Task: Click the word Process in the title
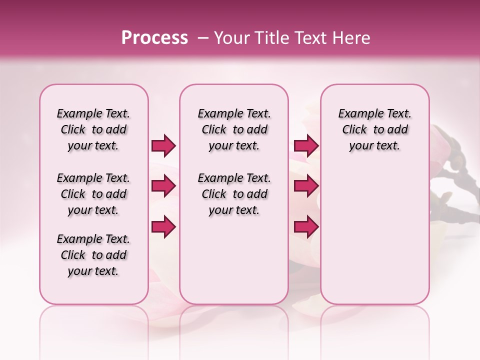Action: point(154,38)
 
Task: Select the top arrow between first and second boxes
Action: point(163,146)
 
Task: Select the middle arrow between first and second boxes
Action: point(163,186)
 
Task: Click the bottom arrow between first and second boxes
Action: point(163,226)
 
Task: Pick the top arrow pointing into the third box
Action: point(306,146)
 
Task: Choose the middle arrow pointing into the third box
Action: point(306,186)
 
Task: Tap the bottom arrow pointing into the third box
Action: point(306,226)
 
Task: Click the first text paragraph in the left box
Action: point(93,129)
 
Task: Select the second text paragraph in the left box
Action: point(93,194)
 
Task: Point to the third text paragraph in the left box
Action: point(93,255)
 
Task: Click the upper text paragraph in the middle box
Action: point(234,129)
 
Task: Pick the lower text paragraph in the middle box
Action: point(234,194)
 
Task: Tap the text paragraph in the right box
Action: point(374,129)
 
